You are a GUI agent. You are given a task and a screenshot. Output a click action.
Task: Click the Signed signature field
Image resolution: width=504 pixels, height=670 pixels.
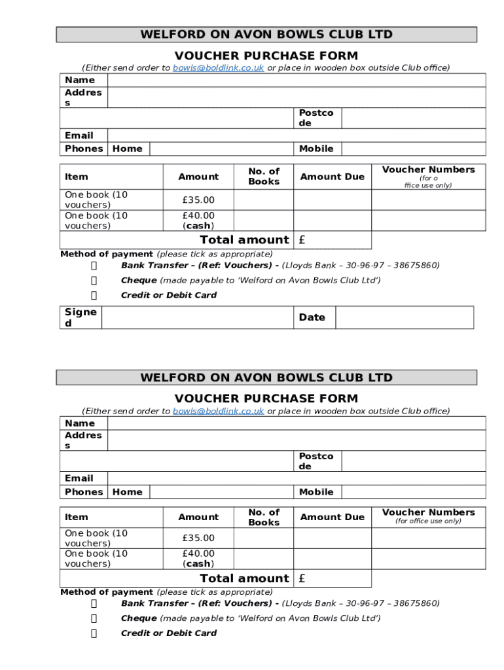pyautogui.click(x=196, y=317)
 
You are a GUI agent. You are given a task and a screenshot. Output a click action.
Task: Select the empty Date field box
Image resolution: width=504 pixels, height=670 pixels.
pyautogui.click(x=404, y=317)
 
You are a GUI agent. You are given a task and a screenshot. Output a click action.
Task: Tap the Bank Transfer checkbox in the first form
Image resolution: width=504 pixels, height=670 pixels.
pyautogui.click(x=94, y=266)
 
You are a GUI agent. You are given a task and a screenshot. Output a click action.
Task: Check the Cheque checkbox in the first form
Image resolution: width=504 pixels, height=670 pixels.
pyautogui.click(x=94, y=281)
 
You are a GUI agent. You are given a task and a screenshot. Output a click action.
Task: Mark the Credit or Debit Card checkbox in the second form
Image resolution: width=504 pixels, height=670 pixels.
pyautogui.click(x=94, y=633)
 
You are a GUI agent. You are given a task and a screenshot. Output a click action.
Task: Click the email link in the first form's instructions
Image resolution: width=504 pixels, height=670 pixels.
pyautogui.click(x=218, y=68)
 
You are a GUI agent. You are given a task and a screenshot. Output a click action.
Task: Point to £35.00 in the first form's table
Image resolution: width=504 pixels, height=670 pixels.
pyautogui.click(x=198, y=200)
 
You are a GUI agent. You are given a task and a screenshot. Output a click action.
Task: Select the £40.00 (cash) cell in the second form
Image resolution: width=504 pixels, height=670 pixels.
pyautogui.click(x=198, y=559)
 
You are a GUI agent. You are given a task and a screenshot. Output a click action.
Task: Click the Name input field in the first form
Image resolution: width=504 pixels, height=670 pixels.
pyautogui.click(x=296, y=80)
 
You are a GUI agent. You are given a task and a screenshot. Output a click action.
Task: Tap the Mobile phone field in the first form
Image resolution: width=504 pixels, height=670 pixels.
pyautogui.click(x=413, y=149)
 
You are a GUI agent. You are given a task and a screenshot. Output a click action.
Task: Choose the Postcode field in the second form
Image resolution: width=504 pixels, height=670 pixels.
pyautogui.click(x=413, y=461)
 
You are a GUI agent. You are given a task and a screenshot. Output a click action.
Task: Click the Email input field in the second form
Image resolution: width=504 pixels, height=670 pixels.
pyautogui.click(x=296, y=478)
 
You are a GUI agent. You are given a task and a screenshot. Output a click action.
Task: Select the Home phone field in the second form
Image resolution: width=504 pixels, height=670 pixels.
pyautogui.click(x=221, y=492)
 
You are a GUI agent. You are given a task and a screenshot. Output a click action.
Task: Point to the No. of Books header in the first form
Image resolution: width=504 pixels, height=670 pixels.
pyautogui.click(x=264, y=177)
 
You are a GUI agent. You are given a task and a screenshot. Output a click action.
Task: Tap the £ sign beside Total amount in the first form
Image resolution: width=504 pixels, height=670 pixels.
pyautogui.click(x=302, y=240)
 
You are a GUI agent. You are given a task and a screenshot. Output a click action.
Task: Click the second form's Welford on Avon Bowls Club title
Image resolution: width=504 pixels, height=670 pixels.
pyautogui.click(x=266, y=378)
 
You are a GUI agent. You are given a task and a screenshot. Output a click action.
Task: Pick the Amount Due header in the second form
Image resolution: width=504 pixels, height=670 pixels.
pyautogui.click(x=332, y=518)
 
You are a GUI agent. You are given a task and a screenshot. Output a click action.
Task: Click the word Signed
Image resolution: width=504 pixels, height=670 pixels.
pyautogui.click(x=81, y=317)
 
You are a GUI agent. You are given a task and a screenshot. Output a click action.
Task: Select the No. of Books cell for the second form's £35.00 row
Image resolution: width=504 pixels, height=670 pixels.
pyautogui.click(x=264, y=538)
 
